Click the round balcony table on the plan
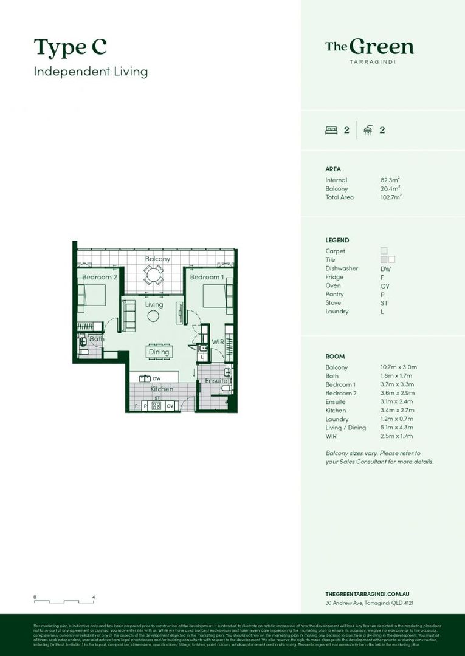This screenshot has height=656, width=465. coord(154,276)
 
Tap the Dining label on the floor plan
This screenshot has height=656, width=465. coord(159,352)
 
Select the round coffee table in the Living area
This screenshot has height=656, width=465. coord(153,316)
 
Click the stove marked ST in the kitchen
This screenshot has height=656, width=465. coord(156,405)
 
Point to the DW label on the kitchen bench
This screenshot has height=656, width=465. coord(156,378)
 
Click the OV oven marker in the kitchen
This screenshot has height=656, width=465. coord(170,405)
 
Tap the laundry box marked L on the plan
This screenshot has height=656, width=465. coord(201,357)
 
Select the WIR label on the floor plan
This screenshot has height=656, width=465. coord(217,343)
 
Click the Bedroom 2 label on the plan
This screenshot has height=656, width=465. coord(100,277)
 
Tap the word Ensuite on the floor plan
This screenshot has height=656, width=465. coord(215,381)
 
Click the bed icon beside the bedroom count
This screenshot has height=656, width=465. coord(331,129)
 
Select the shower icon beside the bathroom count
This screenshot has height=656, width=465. coord(368,129)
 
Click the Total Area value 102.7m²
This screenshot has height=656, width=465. coord(391,197)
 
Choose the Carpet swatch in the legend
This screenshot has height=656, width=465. coord(384,251)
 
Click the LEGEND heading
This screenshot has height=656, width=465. coord(337,241)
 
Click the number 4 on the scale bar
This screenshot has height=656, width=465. coord(94,598)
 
